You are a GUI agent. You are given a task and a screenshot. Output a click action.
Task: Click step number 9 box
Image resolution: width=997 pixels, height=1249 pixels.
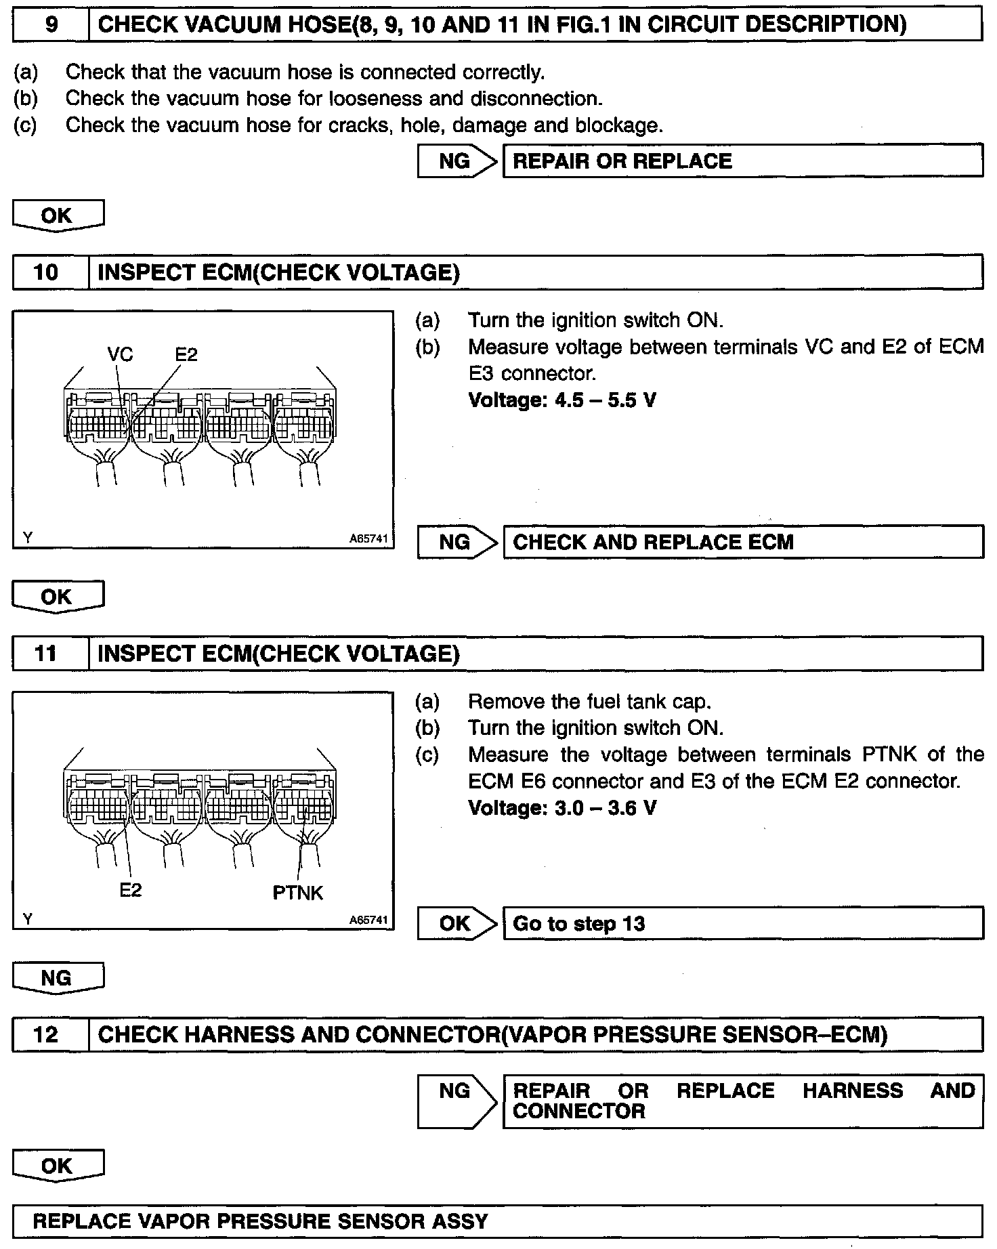point(51,25)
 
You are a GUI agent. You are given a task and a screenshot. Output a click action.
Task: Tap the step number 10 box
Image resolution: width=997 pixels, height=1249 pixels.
point(51,273)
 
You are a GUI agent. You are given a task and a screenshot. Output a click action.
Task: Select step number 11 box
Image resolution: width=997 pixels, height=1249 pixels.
point(51,654)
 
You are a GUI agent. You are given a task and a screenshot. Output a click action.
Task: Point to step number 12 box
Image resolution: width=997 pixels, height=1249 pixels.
point(51,1035)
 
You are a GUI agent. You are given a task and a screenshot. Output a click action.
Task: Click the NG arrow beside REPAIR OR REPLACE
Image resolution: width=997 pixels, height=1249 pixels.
point(457,161)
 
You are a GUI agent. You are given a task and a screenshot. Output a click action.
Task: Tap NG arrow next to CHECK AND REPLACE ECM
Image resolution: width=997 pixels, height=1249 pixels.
point(457,542)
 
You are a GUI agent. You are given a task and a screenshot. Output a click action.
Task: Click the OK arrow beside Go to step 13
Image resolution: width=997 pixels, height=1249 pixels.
point(457,923)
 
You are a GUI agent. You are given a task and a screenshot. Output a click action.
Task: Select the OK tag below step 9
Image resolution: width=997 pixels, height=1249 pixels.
point(58,216)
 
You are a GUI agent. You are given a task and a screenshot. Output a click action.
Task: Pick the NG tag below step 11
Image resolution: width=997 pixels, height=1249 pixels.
point(58,978)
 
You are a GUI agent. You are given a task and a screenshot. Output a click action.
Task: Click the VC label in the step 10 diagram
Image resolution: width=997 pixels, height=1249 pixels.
point(121,354)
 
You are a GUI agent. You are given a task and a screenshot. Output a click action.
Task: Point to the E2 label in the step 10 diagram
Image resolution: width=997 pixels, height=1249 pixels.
point(186,354)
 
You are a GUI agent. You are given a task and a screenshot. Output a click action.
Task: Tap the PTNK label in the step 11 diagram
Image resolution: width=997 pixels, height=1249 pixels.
point(297,893)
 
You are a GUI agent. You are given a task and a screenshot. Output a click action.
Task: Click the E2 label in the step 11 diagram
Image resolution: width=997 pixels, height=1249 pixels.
point(130,890)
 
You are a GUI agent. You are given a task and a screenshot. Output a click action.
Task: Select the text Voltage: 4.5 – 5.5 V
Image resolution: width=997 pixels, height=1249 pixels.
point(562,400)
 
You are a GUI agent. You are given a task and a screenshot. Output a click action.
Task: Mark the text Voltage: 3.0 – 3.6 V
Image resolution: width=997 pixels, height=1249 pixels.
point(562,808)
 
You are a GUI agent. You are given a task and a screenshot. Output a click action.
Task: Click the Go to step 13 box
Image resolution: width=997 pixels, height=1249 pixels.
point(742,923)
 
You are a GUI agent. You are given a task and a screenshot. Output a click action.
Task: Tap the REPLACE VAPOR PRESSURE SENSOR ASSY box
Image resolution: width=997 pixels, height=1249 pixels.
point(497,1221)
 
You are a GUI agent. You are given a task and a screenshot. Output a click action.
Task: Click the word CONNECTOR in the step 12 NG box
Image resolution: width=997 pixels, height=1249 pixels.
point(579,1111)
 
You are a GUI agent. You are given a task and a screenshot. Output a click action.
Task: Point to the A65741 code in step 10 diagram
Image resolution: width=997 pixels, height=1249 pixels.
point(368,539)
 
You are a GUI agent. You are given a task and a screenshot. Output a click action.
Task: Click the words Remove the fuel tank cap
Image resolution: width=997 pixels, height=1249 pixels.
point(589,701)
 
